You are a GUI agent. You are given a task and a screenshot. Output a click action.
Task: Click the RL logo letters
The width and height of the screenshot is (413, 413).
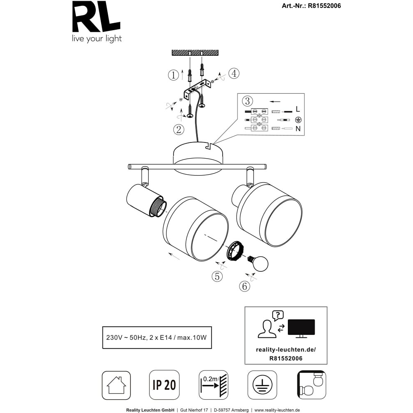[x=96, y=17]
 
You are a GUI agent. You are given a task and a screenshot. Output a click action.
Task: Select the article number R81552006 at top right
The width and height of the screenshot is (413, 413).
[x=324, y=6]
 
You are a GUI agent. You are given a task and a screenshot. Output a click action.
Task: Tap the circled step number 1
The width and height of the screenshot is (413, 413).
[x=173, y=75]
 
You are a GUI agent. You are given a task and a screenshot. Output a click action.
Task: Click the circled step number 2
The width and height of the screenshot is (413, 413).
[x=178, y=130]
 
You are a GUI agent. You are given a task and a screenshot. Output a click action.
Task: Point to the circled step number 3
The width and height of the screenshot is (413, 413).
[x=247, y=101]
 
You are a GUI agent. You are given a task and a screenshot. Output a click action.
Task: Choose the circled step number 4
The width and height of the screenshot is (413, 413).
[x=234, y=73]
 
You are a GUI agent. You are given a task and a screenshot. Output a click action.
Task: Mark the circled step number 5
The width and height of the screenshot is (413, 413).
[x=217, y=276]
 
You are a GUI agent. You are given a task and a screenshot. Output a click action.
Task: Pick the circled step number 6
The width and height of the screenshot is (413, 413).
[x=244, y=286]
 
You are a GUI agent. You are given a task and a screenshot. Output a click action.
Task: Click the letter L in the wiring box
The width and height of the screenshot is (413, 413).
[x=298, y=109]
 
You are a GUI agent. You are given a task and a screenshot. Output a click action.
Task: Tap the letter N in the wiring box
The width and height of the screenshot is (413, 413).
[x=298, y=128]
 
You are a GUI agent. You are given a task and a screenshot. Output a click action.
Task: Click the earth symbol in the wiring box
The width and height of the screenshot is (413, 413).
[x=298, y=120]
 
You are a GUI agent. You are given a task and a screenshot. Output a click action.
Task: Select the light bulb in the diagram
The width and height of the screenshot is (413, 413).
[x=258, y=263]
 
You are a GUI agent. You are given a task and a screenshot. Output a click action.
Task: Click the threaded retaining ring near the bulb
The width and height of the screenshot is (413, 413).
[x=235, y=251]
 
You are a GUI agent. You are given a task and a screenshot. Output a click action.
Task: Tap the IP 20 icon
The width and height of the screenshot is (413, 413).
[x=164, y=385]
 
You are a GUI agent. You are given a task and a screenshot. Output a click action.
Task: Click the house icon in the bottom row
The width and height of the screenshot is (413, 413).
[x=116, y=385]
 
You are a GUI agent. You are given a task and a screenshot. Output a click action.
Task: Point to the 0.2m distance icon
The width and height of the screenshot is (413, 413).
[x=214, y=385]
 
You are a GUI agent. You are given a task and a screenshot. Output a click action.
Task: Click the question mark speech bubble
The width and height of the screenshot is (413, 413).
[x=278, y=315]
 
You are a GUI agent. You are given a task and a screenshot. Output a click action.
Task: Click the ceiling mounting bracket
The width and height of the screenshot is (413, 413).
[x=198, y=89]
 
